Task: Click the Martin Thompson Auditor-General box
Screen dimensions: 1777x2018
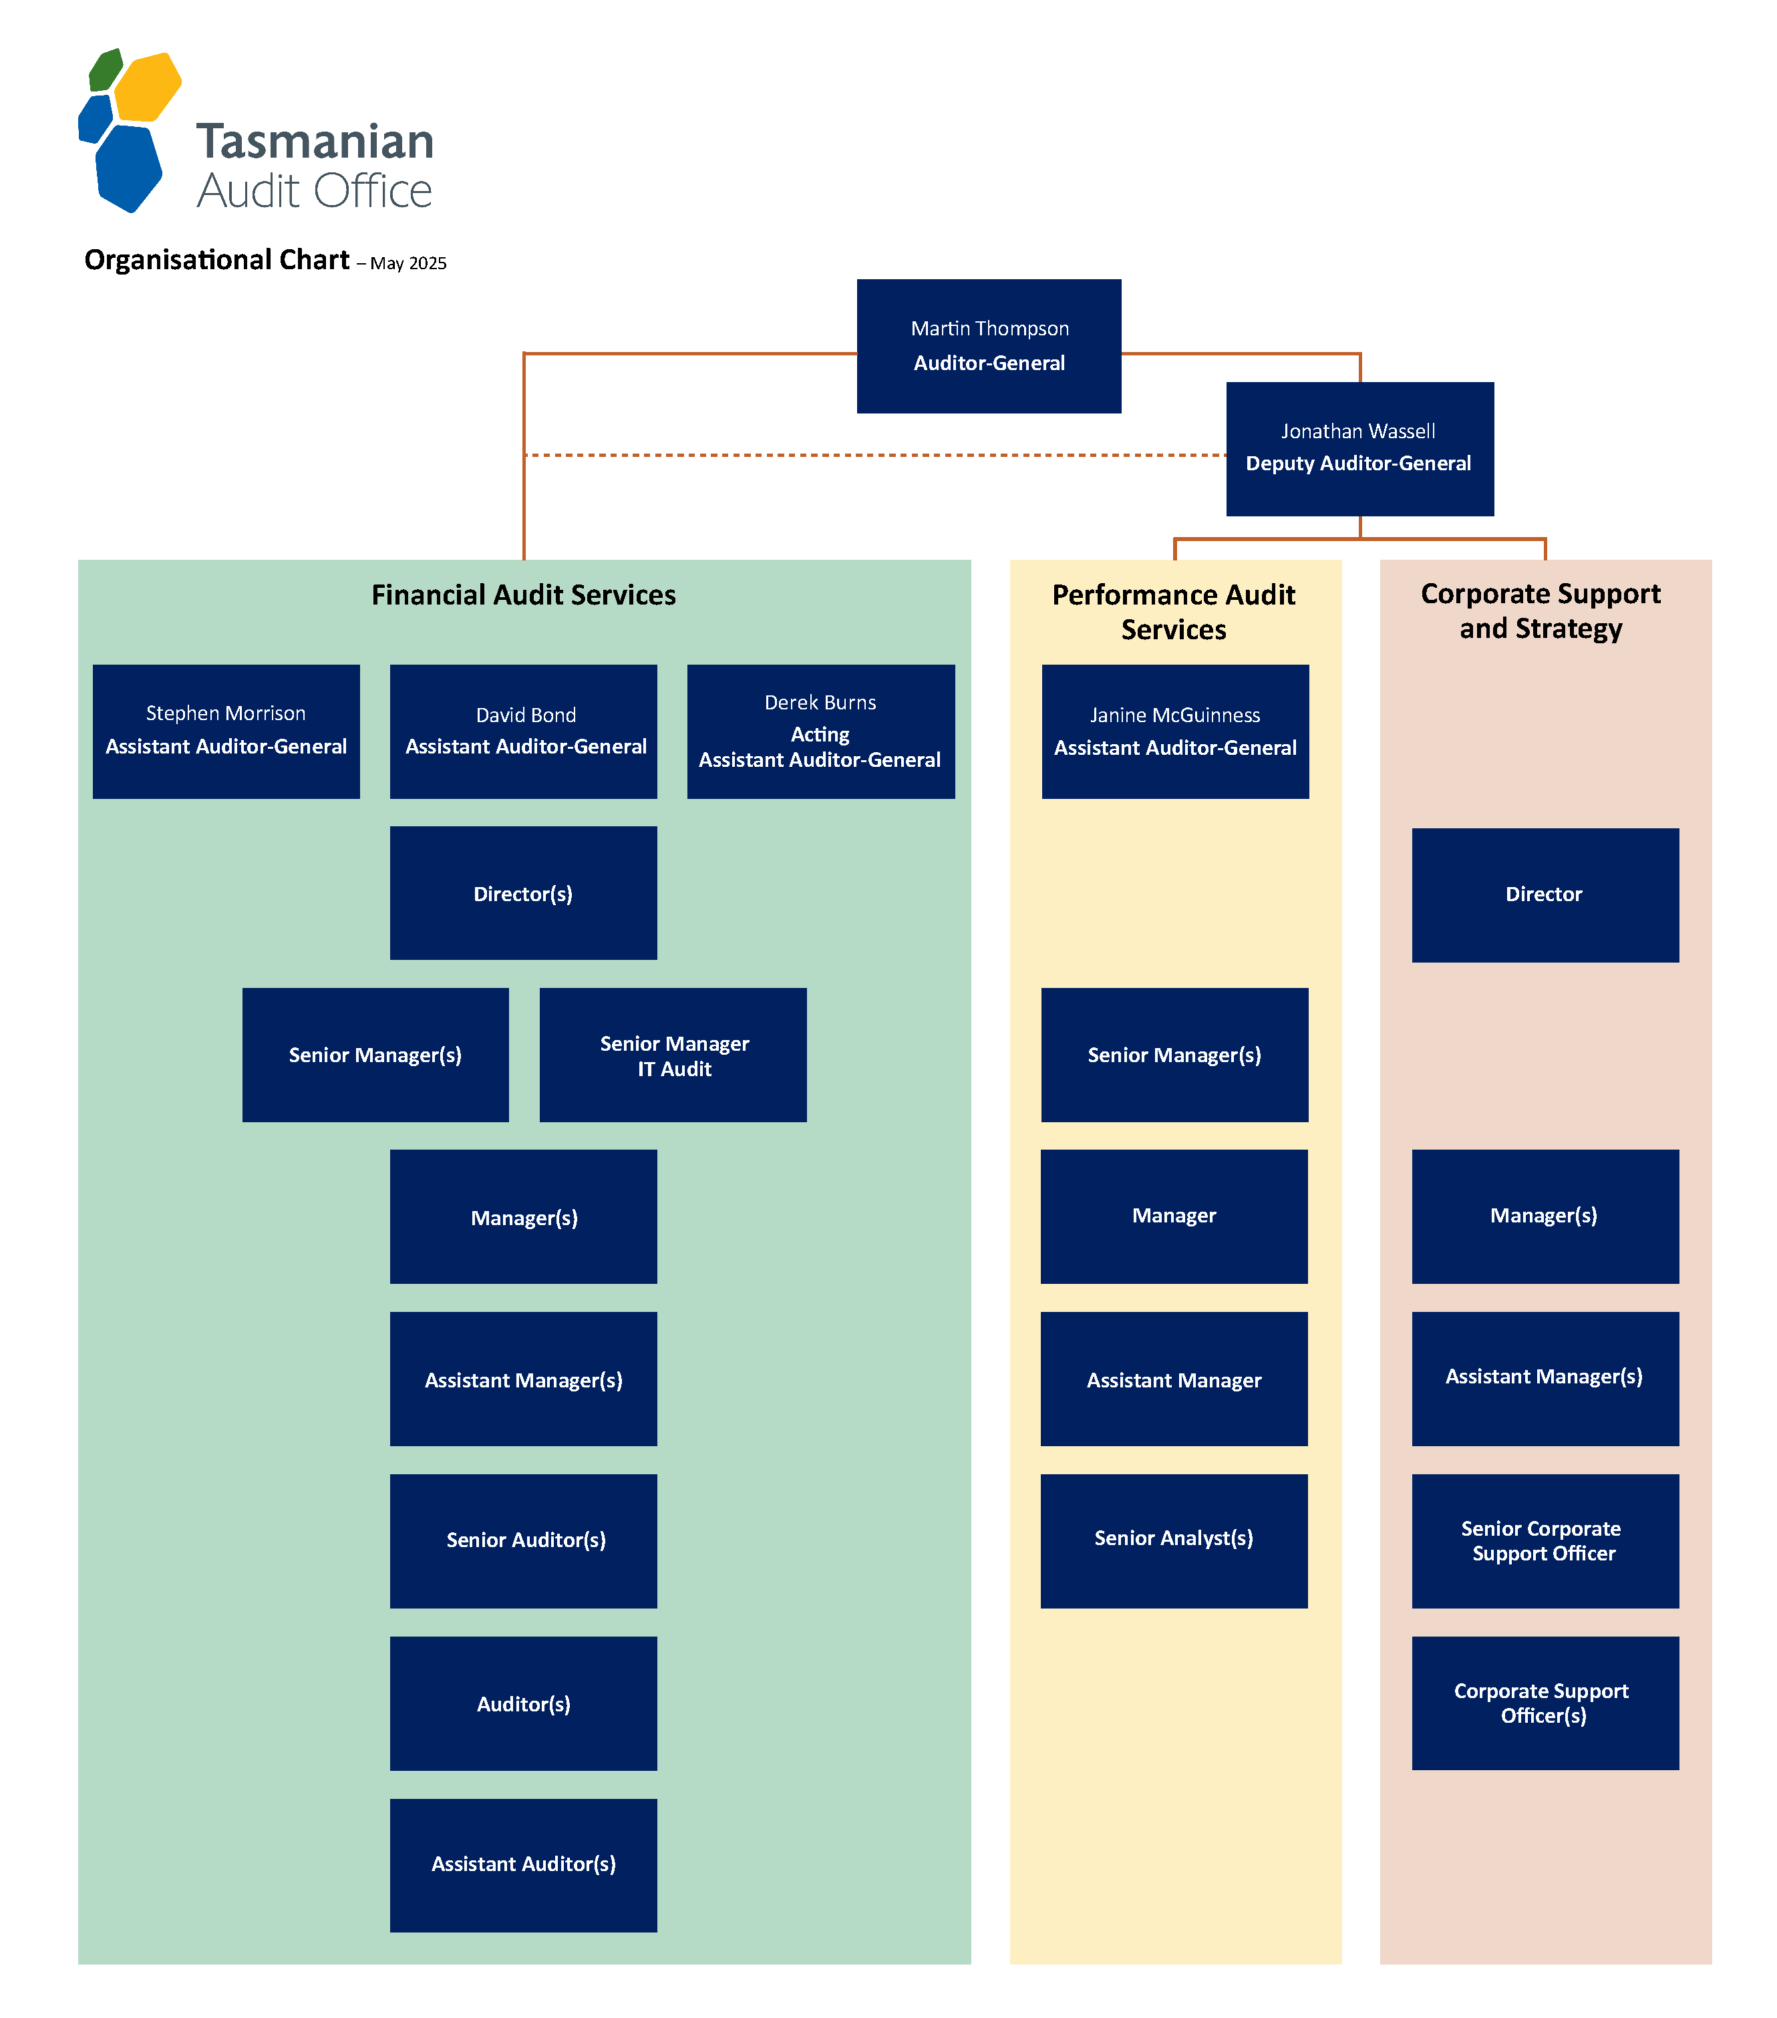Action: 988,345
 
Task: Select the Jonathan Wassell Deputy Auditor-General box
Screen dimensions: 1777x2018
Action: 1359,448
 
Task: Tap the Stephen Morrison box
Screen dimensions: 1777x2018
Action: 226,731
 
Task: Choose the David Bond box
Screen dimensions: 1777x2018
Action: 523,731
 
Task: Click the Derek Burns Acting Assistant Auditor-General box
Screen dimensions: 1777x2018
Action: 820,731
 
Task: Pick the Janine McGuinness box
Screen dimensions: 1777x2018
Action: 1175,731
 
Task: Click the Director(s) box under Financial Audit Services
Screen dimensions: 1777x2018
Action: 523,892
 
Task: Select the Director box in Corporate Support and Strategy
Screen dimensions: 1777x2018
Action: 1545,894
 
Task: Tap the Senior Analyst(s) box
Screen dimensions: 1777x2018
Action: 1174,1540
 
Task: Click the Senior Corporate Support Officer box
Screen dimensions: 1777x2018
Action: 1545,1540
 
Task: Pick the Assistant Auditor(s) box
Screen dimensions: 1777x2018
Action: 523,1865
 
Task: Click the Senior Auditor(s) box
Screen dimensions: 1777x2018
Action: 523,1540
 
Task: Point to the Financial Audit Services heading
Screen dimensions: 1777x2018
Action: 523,595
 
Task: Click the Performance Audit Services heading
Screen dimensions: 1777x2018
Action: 1174,612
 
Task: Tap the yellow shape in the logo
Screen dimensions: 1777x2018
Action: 148,87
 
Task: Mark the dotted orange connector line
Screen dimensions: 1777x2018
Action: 874,455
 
